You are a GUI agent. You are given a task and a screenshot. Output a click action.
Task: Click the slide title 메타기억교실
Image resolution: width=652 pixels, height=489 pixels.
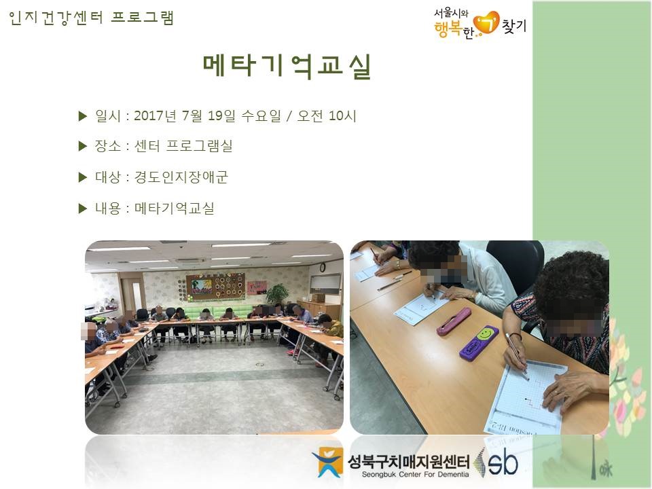(x=287, y=66)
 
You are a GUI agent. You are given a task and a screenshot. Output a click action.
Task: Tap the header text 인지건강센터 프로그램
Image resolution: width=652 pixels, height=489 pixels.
(x=91, y=18)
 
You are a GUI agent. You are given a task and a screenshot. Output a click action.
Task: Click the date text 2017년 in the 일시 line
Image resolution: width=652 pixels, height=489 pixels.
(x=155, y=115)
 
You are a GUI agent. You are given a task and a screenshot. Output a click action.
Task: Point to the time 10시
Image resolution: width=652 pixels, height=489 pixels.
(x=342, y=115)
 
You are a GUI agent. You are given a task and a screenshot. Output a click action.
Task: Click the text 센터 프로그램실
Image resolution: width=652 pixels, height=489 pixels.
(x=183, y=146)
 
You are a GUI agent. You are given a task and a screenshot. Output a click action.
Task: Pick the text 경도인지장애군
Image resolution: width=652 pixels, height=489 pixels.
(x=181, y=177)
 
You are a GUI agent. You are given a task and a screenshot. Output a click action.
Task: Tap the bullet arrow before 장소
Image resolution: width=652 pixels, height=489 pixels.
(x=82, y=146)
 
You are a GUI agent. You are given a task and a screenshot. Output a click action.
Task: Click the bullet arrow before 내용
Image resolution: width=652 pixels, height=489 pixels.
(x=82, y=208)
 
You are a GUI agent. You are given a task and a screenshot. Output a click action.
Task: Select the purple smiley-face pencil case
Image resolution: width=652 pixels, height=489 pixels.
(x=479, y=343)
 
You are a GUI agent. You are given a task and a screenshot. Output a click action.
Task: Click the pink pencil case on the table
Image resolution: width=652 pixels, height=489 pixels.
(x=453, y=321)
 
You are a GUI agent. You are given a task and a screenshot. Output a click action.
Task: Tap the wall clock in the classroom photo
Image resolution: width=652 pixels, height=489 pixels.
(x=322, y=268)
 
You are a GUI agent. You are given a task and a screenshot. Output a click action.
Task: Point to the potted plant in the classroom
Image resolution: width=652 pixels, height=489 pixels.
(x=277, y=294)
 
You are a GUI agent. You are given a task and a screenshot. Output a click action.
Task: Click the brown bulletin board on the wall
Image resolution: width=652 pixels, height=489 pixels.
(x=215, y=287)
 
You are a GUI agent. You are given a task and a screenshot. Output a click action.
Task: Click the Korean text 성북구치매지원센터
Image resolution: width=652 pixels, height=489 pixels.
(x=408, y=461)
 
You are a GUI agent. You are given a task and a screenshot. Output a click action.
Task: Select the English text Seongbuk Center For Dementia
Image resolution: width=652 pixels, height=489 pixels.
(x=415, y=475)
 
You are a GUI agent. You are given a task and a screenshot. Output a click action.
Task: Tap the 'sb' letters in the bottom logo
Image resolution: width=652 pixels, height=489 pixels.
(x=503, y=463)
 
